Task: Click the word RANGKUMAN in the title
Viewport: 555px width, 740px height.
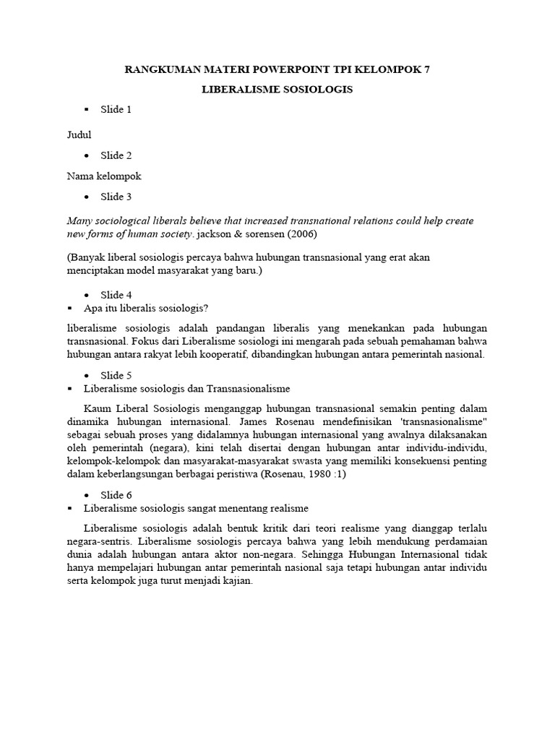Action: coord(159,70)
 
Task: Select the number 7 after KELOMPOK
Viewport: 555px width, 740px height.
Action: coord(426,70)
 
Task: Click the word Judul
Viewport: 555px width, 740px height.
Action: coord(79,134)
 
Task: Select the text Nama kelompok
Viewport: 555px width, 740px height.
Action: coord(104,176)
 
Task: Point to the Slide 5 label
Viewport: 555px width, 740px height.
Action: coord(116,375)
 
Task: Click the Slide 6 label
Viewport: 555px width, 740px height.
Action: coord(116,494)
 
